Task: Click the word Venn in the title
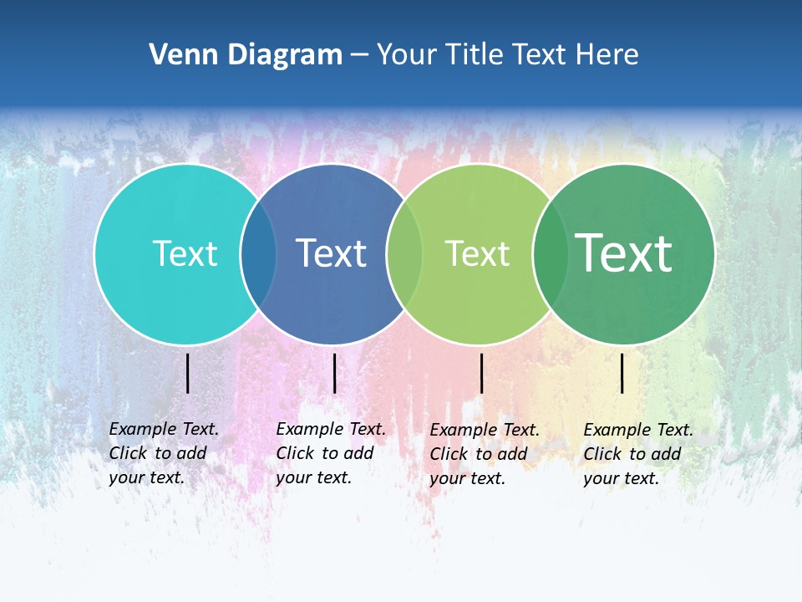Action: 179,55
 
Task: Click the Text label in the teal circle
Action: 185,253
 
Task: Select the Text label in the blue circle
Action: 332,253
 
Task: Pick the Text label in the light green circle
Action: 477,253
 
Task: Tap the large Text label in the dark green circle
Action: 624,253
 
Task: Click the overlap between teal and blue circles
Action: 258,253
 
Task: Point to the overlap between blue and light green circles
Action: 405,253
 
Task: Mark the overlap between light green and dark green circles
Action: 551,253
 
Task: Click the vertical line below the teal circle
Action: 188,373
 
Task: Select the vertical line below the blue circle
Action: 334,373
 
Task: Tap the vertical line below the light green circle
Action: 481,373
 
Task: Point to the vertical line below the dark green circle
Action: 622,373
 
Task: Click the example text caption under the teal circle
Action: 164,453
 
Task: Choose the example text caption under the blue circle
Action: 331,453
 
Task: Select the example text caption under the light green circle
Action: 485,454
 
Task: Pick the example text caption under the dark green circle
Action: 638,454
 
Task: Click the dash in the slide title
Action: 359,56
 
